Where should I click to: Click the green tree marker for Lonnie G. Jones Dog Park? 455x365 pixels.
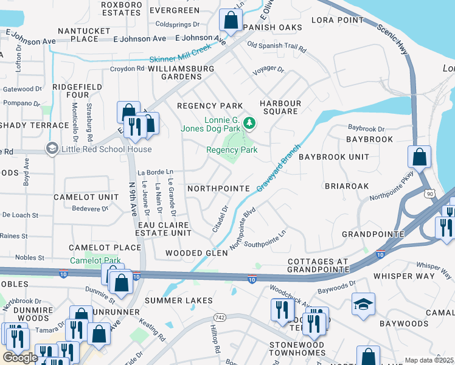point(249,124)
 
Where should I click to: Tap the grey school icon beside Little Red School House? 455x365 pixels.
point(52,148)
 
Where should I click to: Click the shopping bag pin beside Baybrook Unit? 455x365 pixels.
point(420,158)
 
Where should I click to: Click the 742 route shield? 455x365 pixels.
point(220,318)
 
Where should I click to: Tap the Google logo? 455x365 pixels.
point(20,358)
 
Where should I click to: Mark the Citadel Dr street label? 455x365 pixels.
point(220,217)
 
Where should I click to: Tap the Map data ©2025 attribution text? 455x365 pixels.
point(428,360)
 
